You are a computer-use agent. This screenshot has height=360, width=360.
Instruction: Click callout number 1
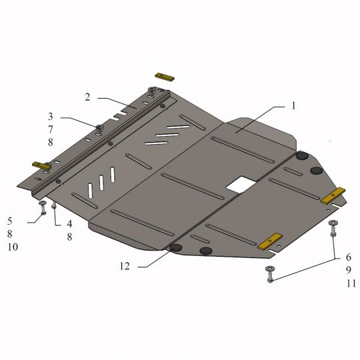(293, 106)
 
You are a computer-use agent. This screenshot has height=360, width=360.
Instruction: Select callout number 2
(87, 97)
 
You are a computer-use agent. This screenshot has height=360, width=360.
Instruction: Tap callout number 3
(51, 117)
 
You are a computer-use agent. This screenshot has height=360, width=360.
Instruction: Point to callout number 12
(125, 266)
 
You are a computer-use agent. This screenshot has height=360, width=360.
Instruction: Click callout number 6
(349, 257)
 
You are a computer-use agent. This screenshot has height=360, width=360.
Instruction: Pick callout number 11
(351, 283)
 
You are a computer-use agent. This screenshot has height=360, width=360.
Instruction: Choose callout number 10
(13, 247)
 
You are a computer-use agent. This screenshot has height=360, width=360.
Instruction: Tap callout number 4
(69, 223)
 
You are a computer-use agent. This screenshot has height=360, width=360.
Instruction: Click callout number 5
(9, 221)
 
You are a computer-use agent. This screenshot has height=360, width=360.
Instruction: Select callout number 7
(51, 129)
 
